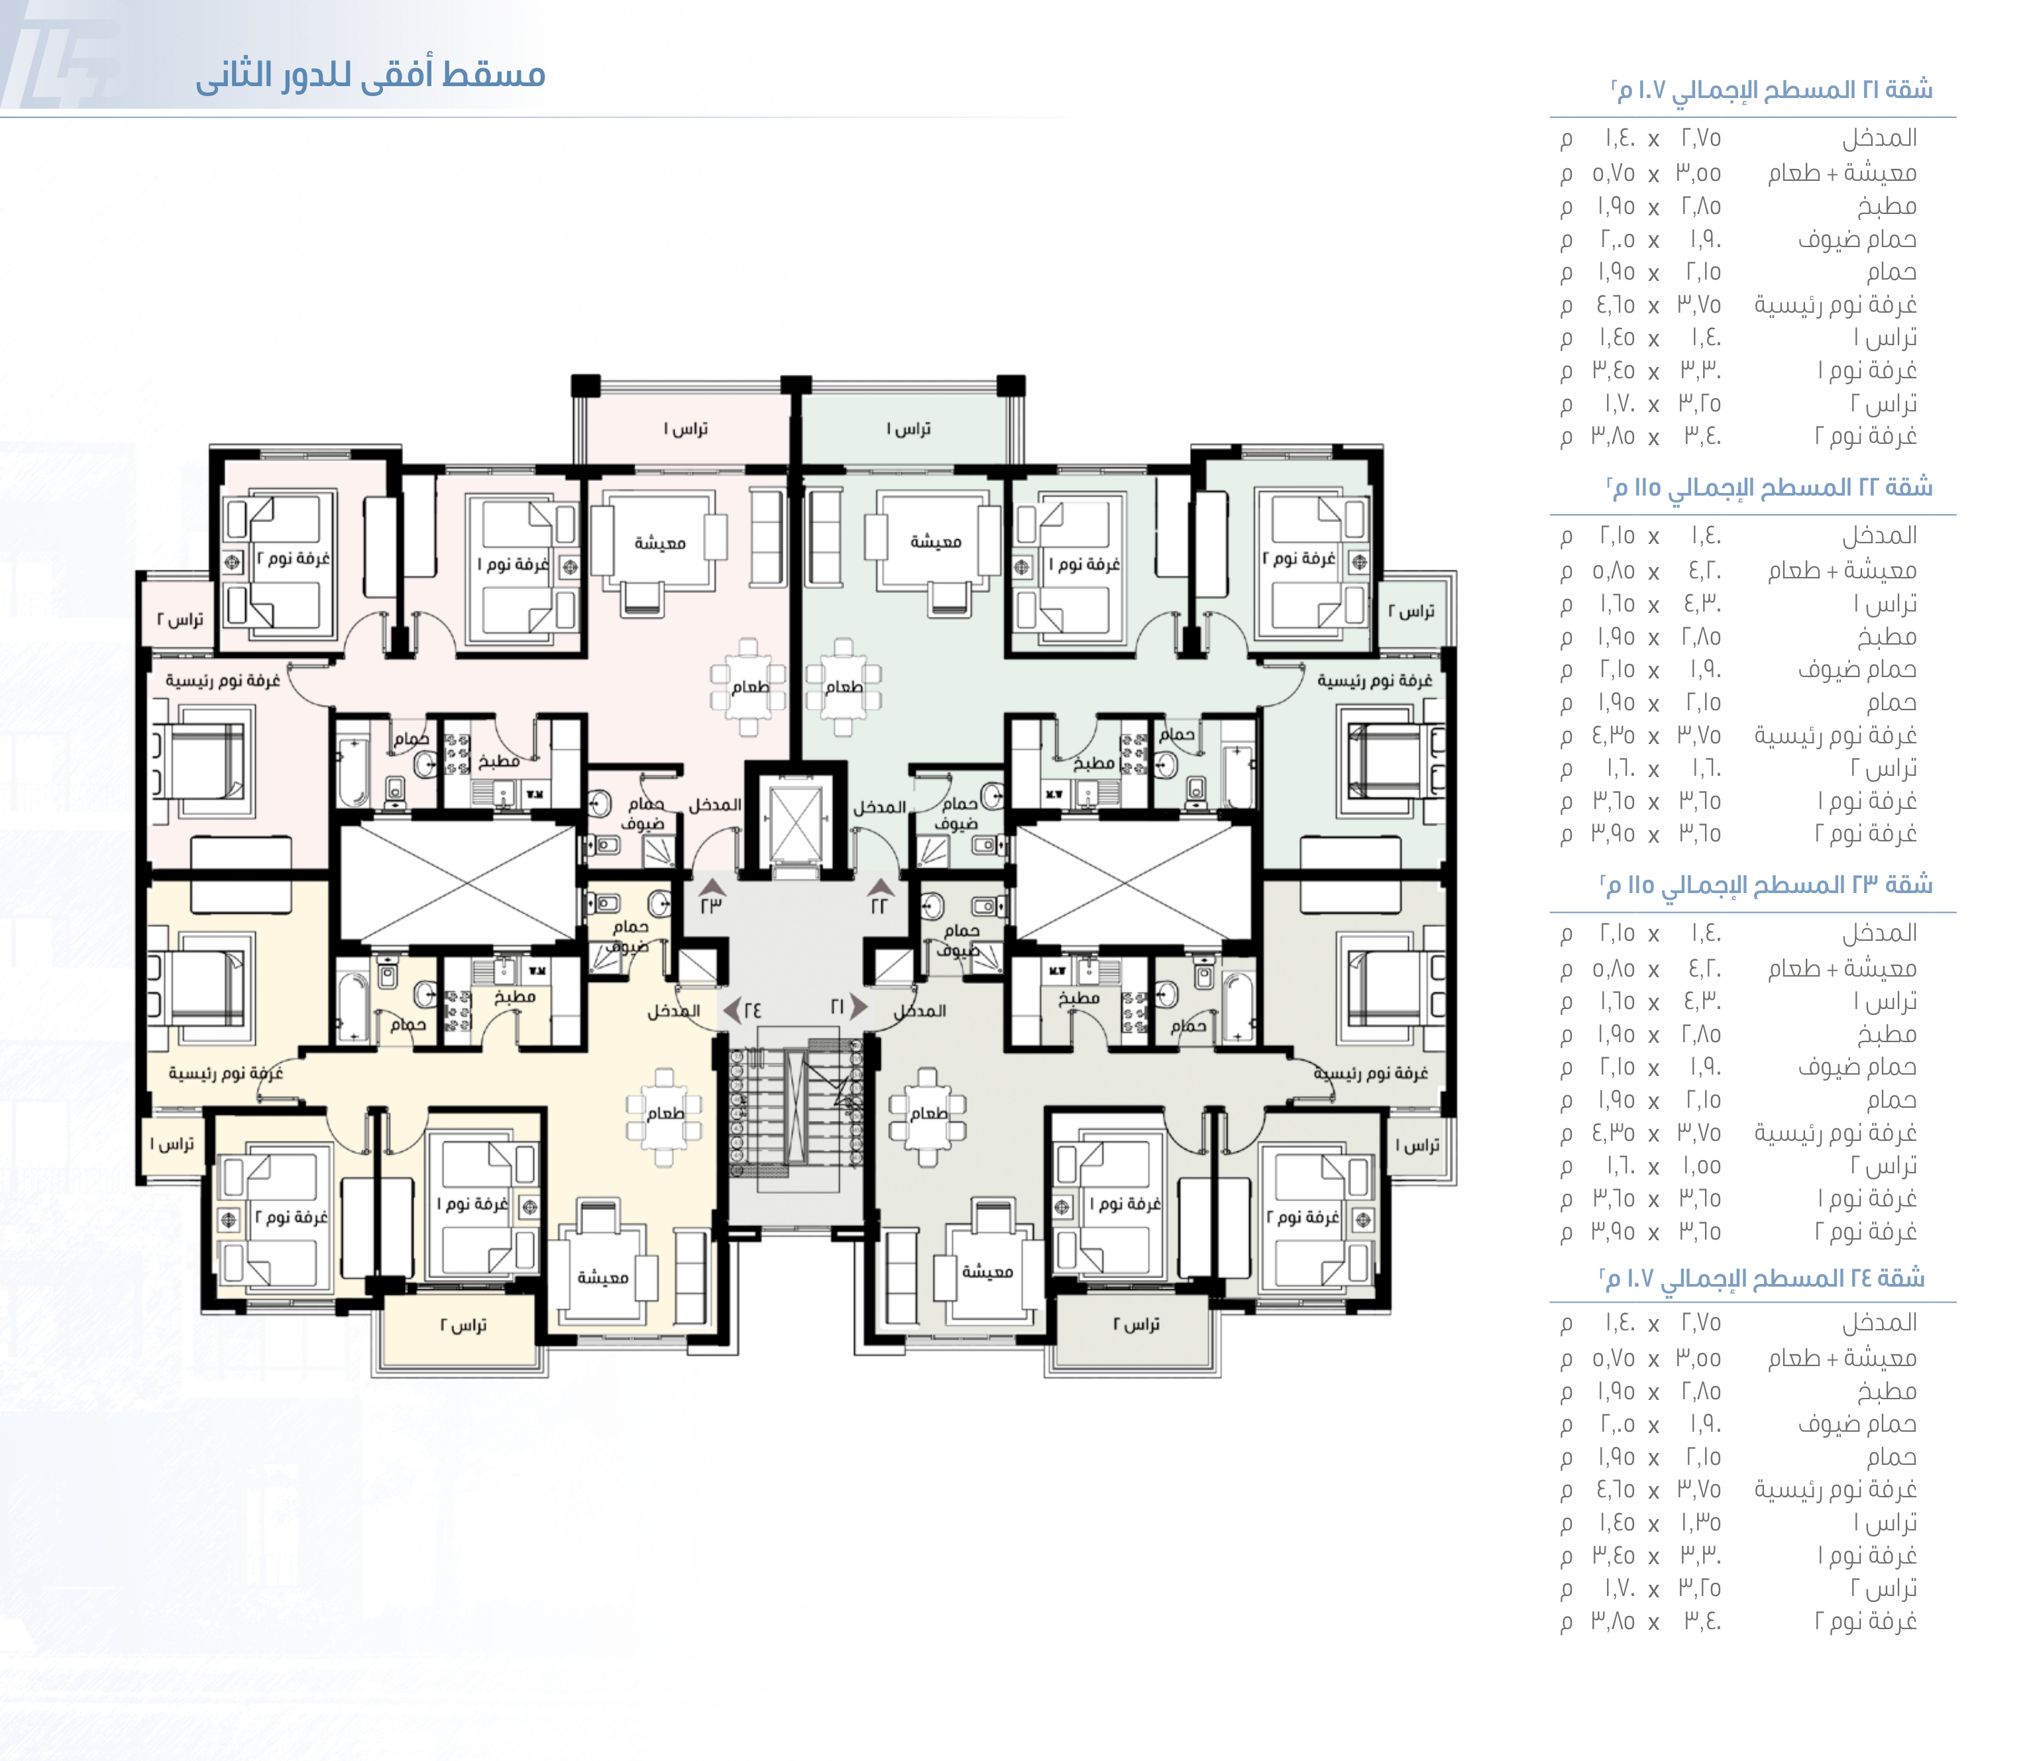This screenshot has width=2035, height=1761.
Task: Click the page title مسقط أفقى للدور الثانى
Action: point(370,75)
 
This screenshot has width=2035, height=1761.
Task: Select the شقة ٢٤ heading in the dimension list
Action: point(1763,1279)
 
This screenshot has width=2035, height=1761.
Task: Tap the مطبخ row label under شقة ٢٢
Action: point(1887,637)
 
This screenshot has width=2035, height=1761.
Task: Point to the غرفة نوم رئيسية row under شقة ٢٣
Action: point(1836,1133)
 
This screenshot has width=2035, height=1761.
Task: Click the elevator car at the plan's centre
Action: point(794,822)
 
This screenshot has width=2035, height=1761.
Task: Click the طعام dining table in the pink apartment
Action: point(749,687)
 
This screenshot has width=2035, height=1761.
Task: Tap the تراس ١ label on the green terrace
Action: point(908,429)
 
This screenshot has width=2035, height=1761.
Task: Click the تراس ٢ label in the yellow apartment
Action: point(463,1326)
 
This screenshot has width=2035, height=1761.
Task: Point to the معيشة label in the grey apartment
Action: point(987,1271)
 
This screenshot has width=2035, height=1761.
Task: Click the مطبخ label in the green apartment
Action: point(1093,763)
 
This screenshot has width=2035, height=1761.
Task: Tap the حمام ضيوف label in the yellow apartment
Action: point(629,937)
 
